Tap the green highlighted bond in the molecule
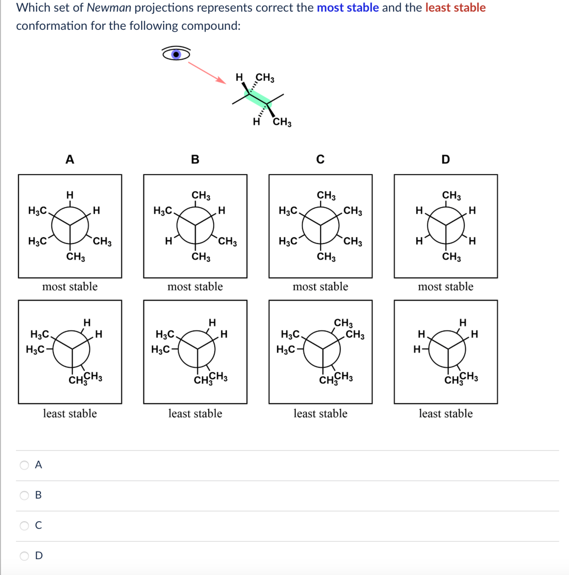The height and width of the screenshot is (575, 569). point(258,99)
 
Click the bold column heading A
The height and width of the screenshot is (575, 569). point(70,160)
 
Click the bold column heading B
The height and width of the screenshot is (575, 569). point(195,160)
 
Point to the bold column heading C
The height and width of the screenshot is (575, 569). point(320,160)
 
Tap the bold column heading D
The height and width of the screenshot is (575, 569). point(445,160)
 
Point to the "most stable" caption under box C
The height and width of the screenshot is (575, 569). point(320,287)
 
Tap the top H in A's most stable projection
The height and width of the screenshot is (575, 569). point(70,195)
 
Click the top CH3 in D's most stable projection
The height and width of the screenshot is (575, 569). point(451,195)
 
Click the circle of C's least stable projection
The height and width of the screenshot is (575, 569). point(322,349)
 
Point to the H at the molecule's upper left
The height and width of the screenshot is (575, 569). point(239,77)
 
